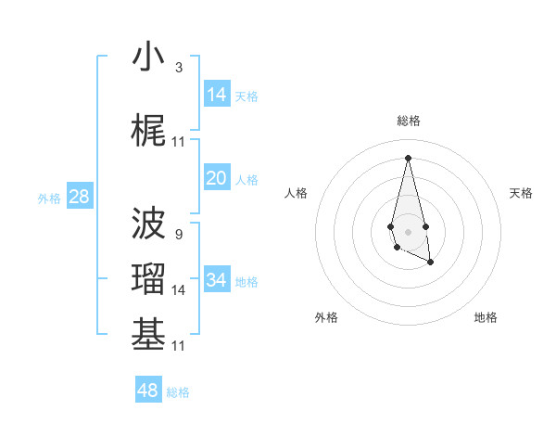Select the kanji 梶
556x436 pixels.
[x=148, y=132]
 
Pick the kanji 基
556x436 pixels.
[x=148, y=336]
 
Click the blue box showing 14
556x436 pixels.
[x=216, y=95]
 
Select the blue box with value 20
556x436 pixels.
[x=216, y=178]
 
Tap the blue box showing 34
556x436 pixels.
[x=216, y=280]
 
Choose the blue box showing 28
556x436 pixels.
[x=79, y=197]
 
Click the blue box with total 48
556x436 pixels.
[x=148, y=390]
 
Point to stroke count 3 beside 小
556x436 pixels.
[x=178, y=68]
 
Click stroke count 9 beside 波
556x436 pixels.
[x=178, y=235]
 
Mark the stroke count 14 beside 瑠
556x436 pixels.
[x=179, y=290]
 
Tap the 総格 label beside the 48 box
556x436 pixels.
[x=178, y=391]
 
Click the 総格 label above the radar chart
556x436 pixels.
[x=409, y=121]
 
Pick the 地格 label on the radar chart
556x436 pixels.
[x=486, y=317]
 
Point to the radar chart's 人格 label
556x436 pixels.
[x=297, y=193]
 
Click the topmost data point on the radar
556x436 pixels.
[x=408, y=157]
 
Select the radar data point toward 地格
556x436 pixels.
[x=431, y=263]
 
